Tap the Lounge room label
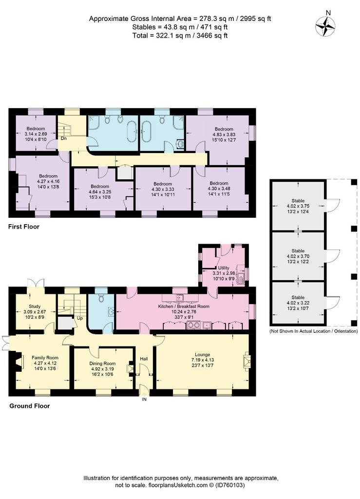(x=203, y=355)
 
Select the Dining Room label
(x=102, y=364)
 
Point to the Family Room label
(x=45, y=358)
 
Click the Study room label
(x=34, y=307)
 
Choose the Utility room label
(x=224, y=268)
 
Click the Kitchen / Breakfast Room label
(x=184, y=307)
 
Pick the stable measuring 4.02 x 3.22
(x=298, y=303)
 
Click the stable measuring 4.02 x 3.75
(x=298, y=206)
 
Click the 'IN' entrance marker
(x=144, y=400)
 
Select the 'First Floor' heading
(x=24, y=227)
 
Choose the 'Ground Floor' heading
(x=29, y=406)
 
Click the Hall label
(x=144, y=359)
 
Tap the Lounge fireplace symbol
(x=247, y=362)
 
